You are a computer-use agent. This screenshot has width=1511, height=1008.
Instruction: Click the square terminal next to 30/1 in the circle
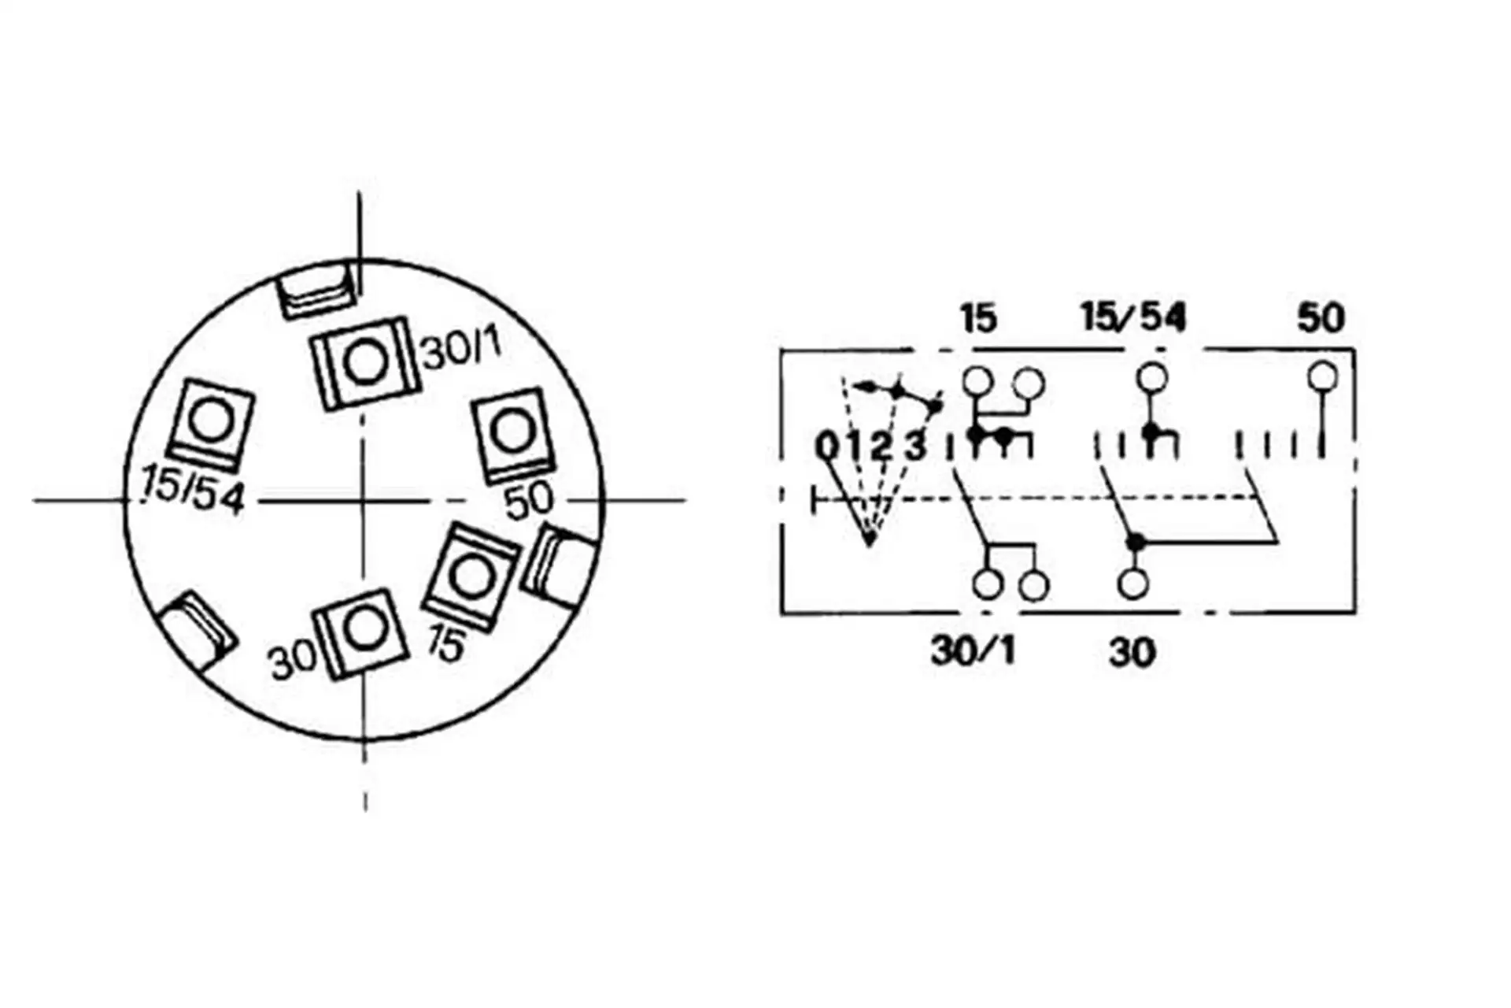click(363, 362)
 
